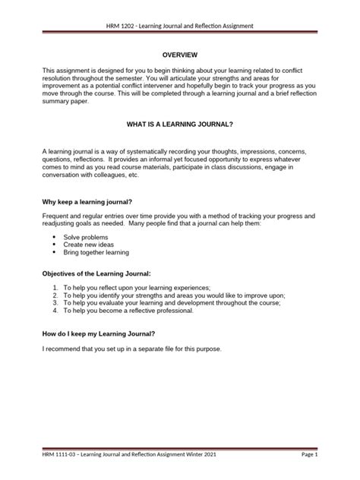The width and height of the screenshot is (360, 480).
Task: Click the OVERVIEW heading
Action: pyautogui.click(x=180, y=55)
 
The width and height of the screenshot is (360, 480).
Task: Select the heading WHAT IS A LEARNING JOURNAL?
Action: pyautogui.click(x=180, y=122)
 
